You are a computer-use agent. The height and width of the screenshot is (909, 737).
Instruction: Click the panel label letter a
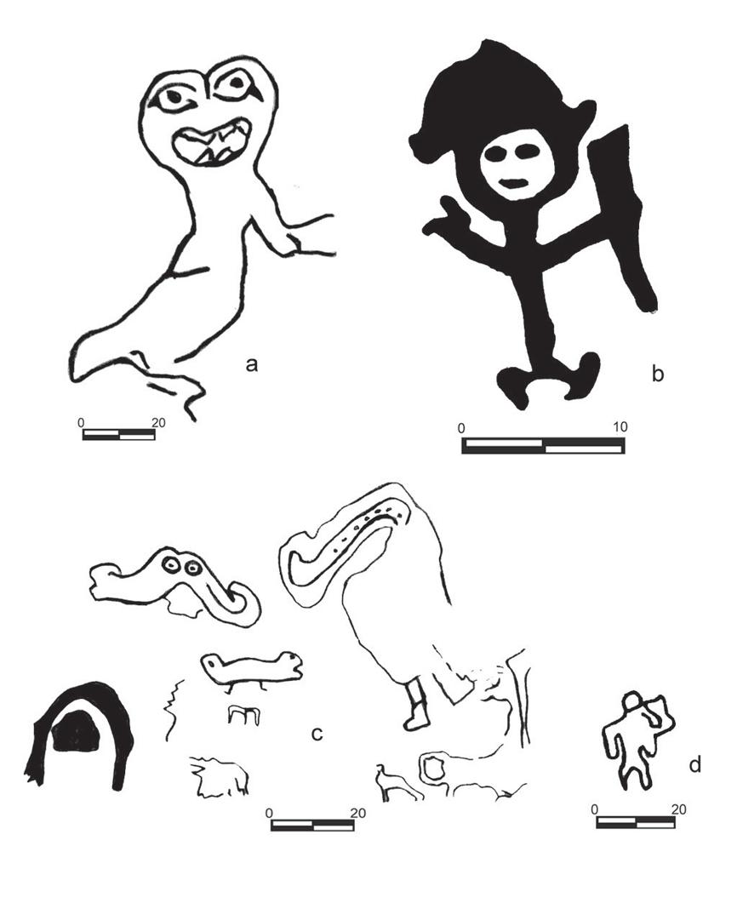coord(251,364)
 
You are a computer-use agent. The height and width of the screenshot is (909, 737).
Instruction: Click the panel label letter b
coord(657,373)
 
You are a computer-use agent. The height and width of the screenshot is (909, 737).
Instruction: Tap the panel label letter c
coord(317,734)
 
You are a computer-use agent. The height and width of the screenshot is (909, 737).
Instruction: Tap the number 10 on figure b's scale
coord(620,427)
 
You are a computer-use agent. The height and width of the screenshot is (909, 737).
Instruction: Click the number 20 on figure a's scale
coord(158,423)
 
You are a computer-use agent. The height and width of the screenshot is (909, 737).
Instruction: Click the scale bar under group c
coord(312,826)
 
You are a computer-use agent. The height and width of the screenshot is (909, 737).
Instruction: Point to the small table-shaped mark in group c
coord(242,715)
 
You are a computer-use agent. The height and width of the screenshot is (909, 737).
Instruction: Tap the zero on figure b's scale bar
coord(461,428)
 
